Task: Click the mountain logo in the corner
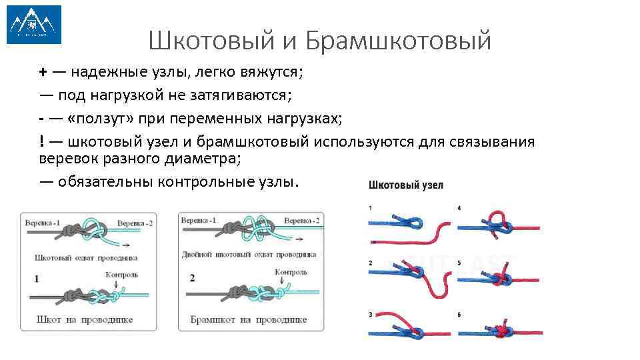[x=33, y=25]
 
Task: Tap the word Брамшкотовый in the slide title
[x=399, y=41]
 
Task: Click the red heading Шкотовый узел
[x=405, y=185]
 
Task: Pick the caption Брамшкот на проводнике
[x=248, y=319]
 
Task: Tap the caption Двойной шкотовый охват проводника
[x=249, y=254]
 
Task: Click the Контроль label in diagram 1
[x=122, y=274]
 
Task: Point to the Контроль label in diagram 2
[x=291, y=271]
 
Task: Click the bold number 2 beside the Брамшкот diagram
[x=192, y=278]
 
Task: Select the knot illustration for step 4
[x=499, y=224]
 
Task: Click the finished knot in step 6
[x=499, y=330]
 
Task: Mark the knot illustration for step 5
[x=499, y=276]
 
